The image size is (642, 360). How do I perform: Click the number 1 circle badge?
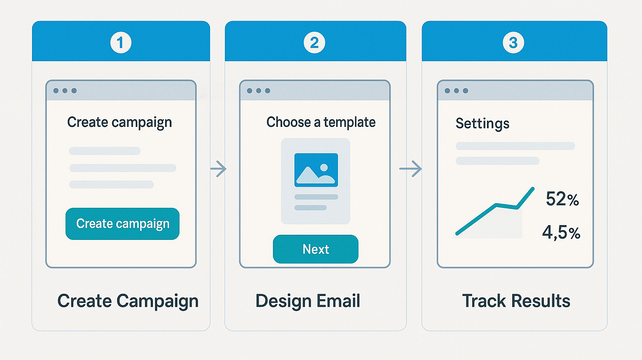click(120, 43)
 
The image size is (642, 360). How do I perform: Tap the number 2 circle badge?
click(314, 43)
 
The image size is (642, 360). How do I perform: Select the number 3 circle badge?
click(514, 43)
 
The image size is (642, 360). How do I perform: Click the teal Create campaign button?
click(123, 224)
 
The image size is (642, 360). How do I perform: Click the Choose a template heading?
click(321, 122)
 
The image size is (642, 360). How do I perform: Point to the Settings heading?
click(482, 124)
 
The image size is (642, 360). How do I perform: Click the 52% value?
click(562, 199)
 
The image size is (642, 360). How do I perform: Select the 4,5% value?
click(561, 232)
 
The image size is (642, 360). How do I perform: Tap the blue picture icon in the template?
click(316, 170)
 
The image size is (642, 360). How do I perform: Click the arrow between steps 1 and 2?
click(218, 169)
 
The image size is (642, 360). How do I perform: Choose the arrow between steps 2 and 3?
click(410, 169)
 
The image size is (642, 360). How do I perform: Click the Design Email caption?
click(308, 301)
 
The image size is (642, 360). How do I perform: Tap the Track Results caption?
click(516, 301)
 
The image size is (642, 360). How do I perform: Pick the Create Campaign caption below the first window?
click(128, 301)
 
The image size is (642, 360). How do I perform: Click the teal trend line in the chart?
click(495, 205)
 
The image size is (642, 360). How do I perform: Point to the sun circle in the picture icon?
click(324, 167)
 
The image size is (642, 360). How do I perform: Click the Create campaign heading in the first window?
click(120, 123)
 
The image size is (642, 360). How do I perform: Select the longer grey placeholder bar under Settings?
click(515, 146)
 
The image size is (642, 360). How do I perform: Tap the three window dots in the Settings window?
click(456, 91)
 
